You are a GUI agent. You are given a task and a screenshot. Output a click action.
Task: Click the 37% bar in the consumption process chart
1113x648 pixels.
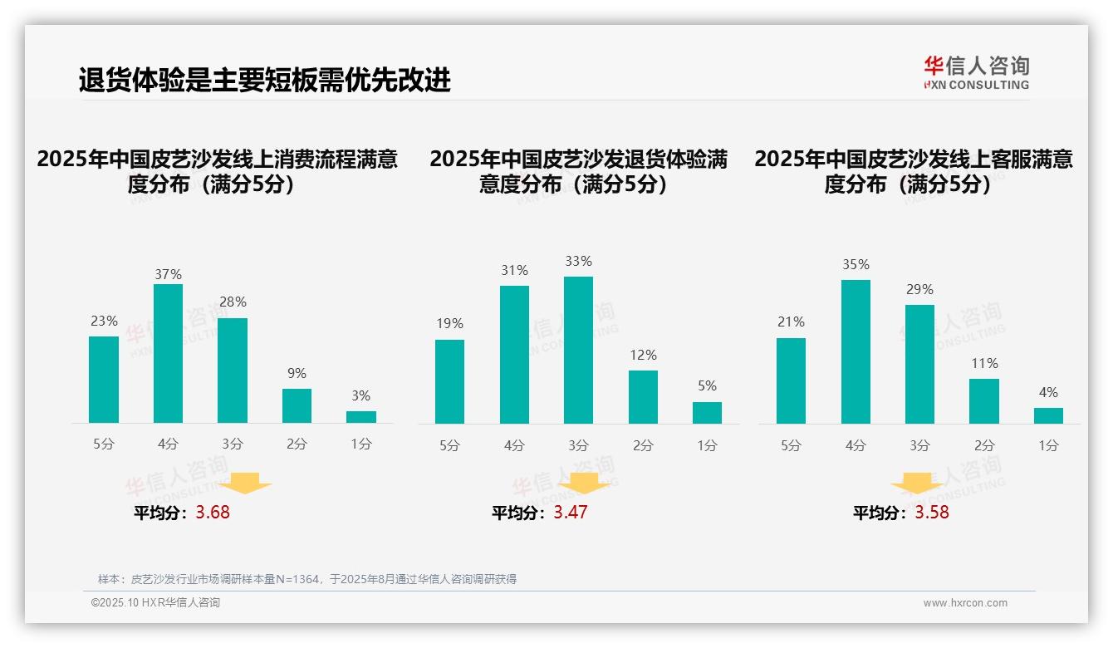tap(168, 353)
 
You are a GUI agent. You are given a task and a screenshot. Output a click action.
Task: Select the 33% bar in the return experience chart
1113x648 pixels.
tap(578, 350)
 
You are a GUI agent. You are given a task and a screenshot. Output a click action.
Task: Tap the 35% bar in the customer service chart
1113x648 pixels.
tap(856, 351)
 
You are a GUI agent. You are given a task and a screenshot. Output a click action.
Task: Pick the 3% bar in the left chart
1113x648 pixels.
tap(361, 417)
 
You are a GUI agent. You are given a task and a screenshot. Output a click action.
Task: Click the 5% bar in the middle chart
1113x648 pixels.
tap(707, 413)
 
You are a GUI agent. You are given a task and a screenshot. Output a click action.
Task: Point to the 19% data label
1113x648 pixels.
tap(449, 323)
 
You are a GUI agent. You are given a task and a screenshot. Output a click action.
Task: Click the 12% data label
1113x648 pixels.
tap(643, 355)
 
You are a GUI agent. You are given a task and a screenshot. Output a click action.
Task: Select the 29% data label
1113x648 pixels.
tap(919, 289)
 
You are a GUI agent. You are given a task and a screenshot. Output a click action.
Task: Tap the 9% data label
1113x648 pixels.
tap(297, 373)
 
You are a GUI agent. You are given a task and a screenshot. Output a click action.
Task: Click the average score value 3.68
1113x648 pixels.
tap(213, 512)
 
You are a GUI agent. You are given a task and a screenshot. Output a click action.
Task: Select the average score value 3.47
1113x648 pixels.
tap(570, 512)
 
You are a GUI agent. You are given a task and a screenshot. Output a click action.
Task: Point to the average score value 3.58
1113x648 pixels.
tap(932, 512)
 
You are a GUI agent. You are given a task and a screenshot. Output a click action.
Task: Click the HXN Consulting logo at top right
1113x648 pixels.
tap(976, 72)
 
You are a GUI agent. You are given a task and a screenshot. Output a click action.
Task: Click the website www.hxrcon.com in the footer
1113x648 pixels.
tap(965, 602)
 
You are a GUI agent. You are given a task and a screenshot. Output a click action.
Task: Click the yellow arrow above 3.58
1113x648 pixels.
tap(917, 486)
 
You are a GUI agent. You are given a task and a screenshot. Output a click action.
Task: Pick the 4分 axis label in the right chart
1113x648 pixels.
tap(856, 445)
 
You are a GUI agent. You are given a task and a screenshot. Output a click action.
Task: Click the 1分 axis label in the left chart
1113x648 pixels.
tap(361, 444)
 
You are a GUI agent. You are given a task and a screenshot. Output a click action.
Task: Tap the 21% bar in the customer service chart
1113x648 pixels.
tap(791, 380)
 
